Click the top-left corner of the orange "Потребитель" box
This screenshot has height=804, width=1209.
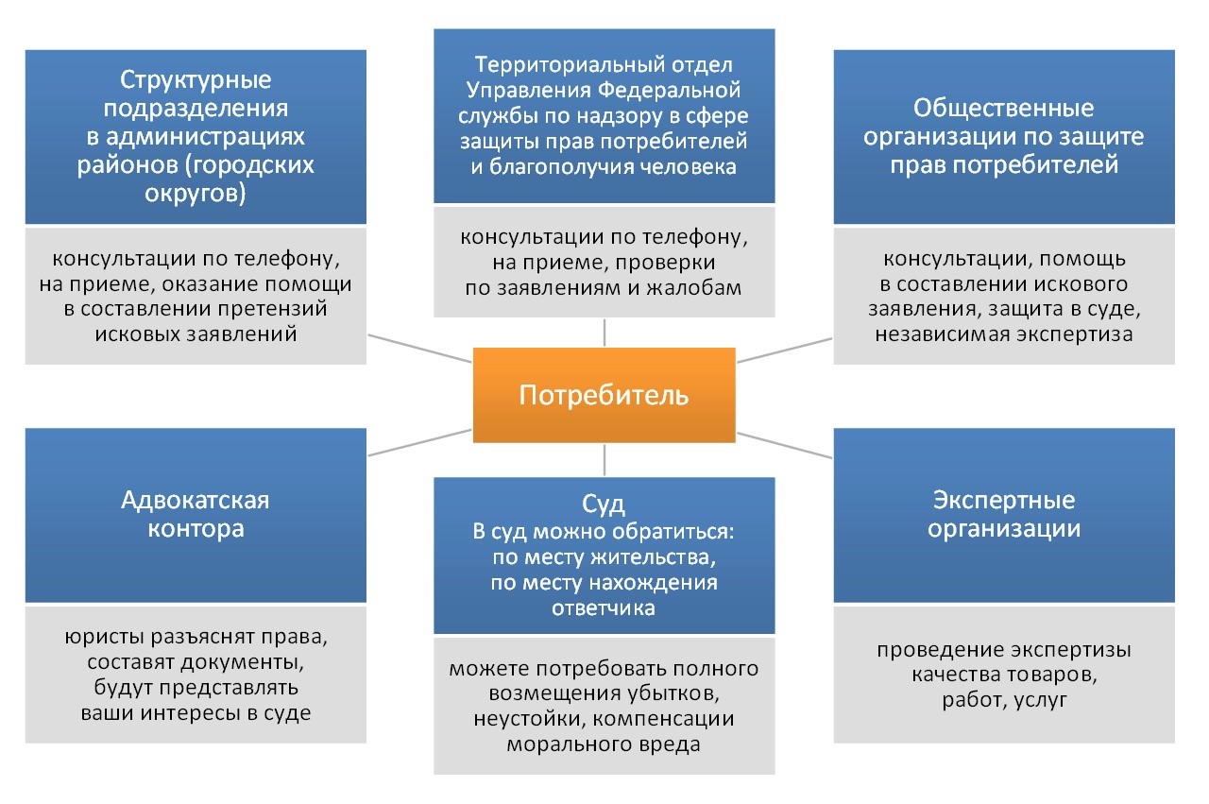473,349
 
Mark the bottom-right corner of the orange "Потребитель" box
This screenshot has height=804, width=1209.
736,443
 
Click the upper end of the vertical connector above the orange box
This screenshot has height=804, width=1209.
604,319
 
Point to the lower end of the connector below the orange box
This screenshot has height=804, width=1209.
604,475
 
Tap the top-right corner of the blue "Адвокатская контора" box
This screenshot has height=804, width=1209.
366,429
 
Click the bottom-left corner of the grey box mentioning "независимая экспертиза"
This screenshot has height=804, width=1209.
834,365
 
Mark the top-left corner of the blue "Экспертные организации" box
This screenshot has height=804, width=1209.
834,429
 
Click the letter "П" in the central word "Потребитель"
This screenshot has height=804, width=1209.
527,395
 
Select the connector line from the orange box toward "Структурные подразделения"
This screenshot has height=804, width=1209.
419,349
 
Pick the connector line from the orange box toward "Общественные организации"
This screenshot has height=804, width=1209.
784,350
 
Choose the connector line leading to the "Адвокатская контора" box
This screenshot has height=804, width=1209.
419,443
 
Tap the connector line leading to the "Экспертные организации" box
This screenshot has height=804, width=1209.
784,446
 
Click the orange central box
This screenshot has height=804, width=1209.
604,395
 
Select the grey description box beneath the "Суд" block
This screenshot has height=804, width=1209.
604,707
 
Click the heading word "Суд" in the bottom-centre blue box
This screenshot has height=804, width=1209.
604,505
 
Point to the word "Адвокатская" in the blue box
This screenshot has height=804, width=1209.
196,500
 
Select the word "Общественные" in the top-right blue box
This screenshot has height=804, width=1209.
1004,108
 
